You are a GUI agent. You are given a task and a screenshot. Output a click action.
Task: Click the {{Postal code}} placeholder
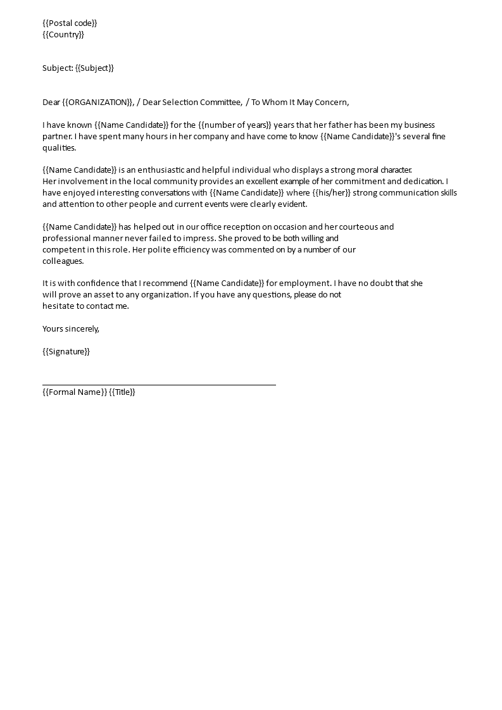click(x=70, y=23)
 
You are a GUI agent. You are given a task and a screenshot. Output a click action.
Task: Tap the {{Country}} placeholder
click(x=63, y=35)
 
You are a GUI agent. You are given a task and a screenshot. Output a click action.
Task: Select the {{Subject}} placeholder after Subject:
click(x=94, y=68)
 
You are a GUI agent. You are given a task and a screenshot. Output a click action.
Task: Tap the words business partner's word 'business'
click(x=419, y=125)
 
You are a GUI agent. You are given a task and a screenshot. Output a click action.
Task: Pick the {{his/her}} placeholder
click(x=331, y=193)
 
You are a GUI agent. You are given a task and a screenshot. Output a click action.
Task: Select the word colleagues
click(x=63, y=261)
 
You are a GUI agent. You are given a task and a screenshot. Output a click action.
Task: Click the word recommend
click(x=166, y=283)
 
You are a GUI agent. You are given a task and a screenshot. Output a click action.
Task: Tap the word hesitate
click(x=58, y=306)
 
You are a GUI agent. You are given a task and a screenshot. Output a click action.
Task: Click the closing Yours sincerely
click(x=71, y=329)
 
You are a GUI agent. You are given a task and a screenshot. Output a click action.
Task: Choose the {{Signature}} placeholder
click(x=66, y=352)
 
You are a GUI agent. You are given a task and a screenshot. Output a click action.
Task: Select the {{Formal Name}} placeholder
click(x=74, y=392)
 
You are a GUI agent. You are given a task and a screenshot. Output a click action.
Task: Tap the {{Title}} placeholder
click(x=122, y=392)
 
